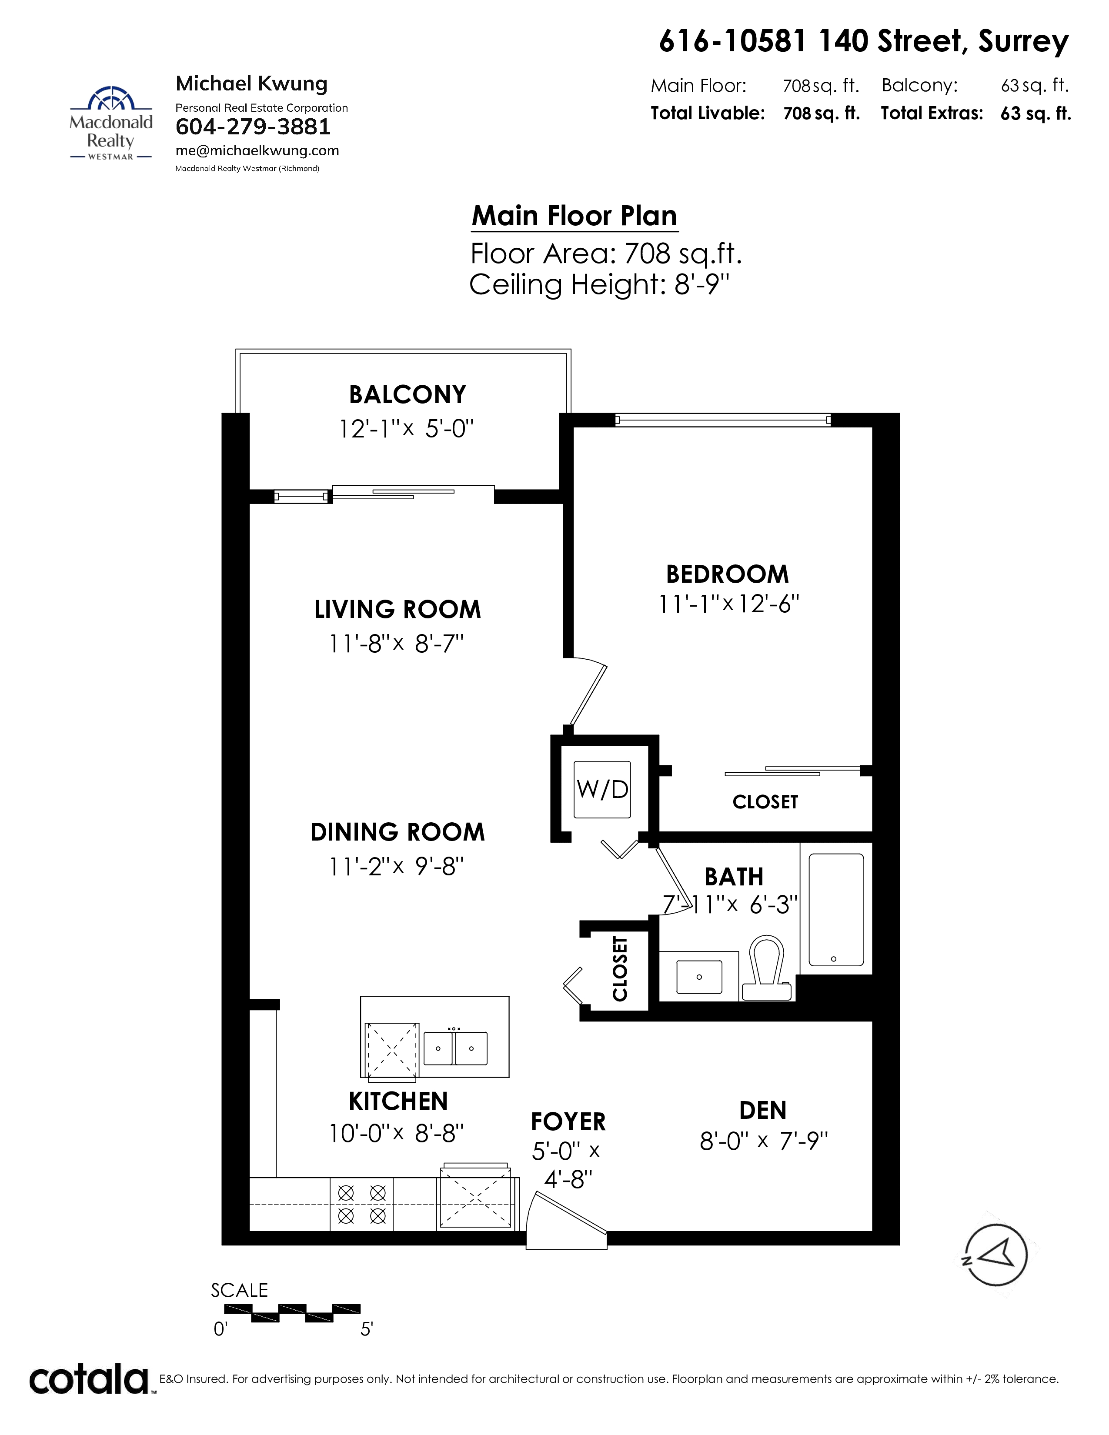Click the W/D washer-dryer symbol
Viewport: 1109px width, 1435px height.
pyautogui.click(x=602, y=789)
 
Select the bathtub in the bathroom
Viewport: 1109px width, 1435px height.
pyautogui.click(x=836, y=909)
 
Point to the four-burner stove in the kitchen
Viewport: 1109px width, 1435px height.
pyautogui.click(x=362, y=1205)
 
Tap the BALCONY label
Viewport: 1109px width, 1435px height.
pyautogui.click(x=408, y=394)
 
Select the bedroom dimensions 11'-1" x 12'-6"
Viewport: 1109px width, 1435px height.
pyautogui.click(x=728, y=604)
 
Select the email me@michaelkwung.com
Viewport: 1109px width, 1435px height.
pyautogui.click(x=257, y=150)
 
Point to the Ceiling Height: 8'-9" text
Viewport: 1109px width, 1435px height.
pyautogui.click(x=600, y=284)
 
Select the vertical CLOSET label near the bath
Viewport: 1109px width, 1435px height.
pyautogui.click(x=620, y=968)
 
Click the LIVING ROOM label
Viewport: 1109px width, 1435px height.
pyautogui.click(x=398, y=609)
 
